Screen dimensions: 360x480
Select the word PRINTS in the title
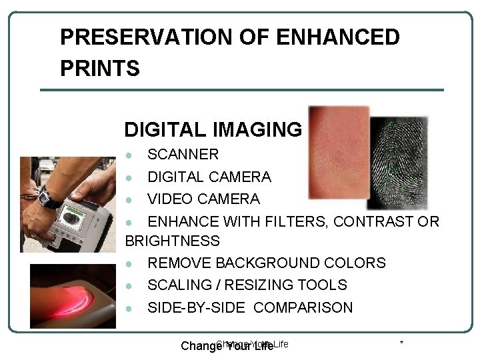tap(99, 69)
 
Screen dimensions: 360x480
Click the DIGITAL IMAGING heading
tap(213, 129)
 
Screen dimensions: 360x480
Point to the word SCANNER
tap(183, 155)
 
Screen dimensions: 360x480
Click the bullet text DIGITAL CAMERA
tap(209, 177)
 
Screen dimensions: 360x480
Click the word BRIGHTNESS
tap(172, 241)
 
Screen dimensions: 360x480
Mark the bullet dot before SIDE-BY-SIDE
tap(133, 308)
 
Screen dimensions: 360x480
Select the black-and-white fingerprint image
tap(399, 163)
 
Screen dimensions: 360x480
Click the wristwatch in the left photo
tap(48, 197)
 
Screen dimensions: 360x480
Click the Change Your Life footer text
tap(228, 346)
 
